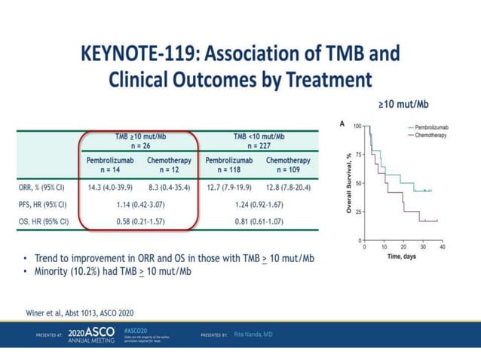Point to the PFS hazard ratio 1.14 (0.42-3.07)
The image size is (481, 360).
[x=140, y=204]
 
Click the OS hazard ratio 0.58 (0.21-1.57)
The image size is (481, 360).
[x=140, y=221]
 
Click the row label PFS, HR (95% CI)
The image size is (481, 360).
[x=43, y=204]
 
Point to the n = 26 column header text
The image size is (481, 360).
[x=141, y=146]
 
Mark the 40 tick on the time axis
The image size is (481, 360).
[x=442, y=246]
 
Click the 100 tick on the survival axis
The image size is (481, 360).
[x=357, y=127]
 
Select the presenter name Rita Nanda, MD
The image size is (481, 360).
[x=253, y=334]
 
